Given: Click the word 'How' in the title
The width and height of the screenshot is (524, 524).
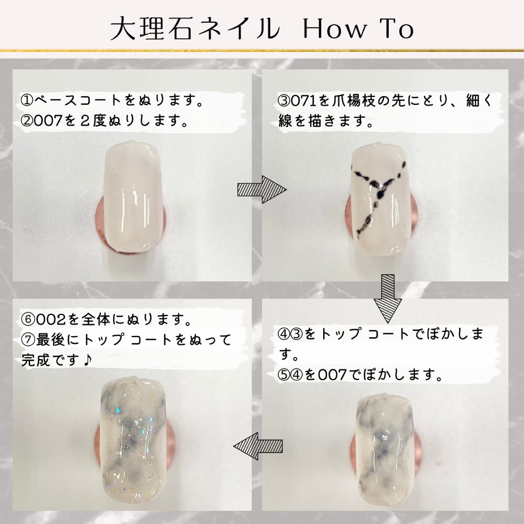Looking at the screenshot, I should pyautogui.click(x=334, y=30).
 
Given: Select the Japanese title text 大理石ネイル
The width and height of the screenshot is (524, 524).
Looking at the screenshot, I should pyautogui.click(x=195, y=30).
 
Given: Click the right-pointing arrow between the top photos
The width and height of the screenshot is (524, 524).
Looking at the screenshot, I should pyautogui.click(x=261, y=190).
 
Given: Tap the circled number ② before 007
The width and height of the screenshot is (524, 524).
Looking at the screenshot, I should pyautogui.click(x=27, y=121).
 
